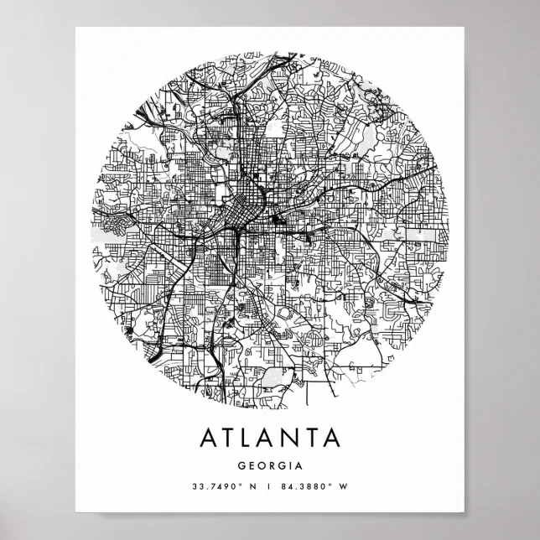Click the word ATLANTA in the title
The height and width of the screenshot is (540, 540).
[270, 438]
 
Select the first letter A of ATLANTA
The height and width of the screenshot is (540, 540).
[207, 438]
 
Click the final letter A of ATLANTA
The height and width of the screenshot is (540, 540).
[333, 438]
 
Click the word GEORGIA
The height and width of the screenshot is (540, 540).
[270, 465]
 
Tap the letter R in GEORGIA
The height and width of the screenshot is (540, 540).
[274, 465]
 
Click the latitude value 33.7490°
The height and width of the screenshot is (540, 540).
[217, 485]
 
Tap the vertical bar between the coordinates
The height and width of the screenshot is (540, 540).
[270, 485]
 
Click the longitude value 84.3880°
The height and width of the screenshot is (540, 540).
[310, 485]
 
